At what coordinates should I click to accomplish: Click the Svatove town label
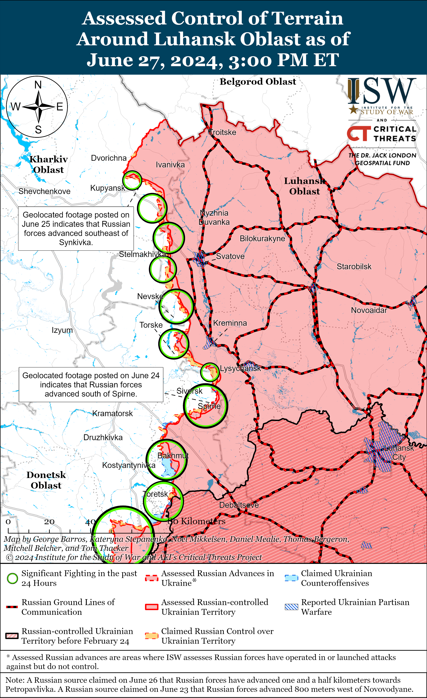point(230,256)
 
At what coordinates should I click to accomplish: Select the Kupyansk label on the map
point(108,188)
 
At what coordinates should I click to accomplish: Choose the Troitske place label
point(222,132)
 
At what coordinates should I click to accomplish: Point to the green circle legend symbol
point(12,578)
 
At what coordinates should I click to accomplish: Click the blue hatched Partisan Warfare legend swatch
point(291,607)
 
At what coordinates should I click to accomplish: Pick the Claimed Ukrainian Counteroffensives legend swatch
point(291,578)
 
